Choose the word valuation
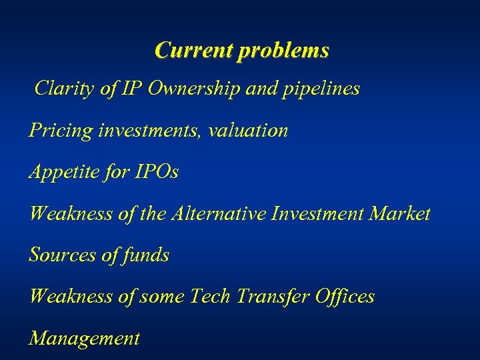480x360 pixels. pyautogui.click(x=248, y=130)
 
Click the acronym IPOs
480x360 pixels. pyautogui.click(x=157, y=172)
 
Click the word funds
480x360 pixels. pyautogui.click(x=147, y=255)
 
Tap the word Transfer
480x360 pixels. pyautogui.click(x=267, y=297)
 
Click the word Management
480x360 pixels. pyautogui.click(x=85, y=339)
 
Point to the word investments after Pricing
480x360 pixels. pyautogui.click(x=150, y=131)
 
